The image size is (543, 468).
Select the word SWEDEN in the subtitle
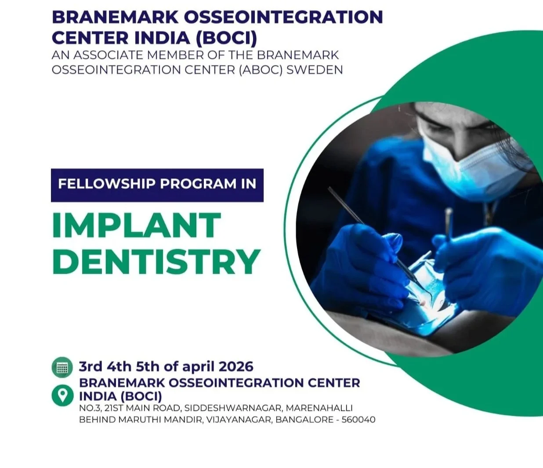click(314, 69)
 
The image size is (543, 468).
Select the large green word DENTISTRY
click(156, 261)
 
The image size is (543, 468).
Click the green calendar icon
click(62, 367)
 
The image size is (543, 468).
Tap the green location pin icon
click(62, 395)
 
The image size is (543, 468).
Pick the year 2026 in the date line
click(236, 366)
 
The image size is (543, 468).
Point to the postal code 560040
click(358, 420)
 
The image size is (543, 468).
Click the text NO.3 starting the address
click(89, 408)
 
